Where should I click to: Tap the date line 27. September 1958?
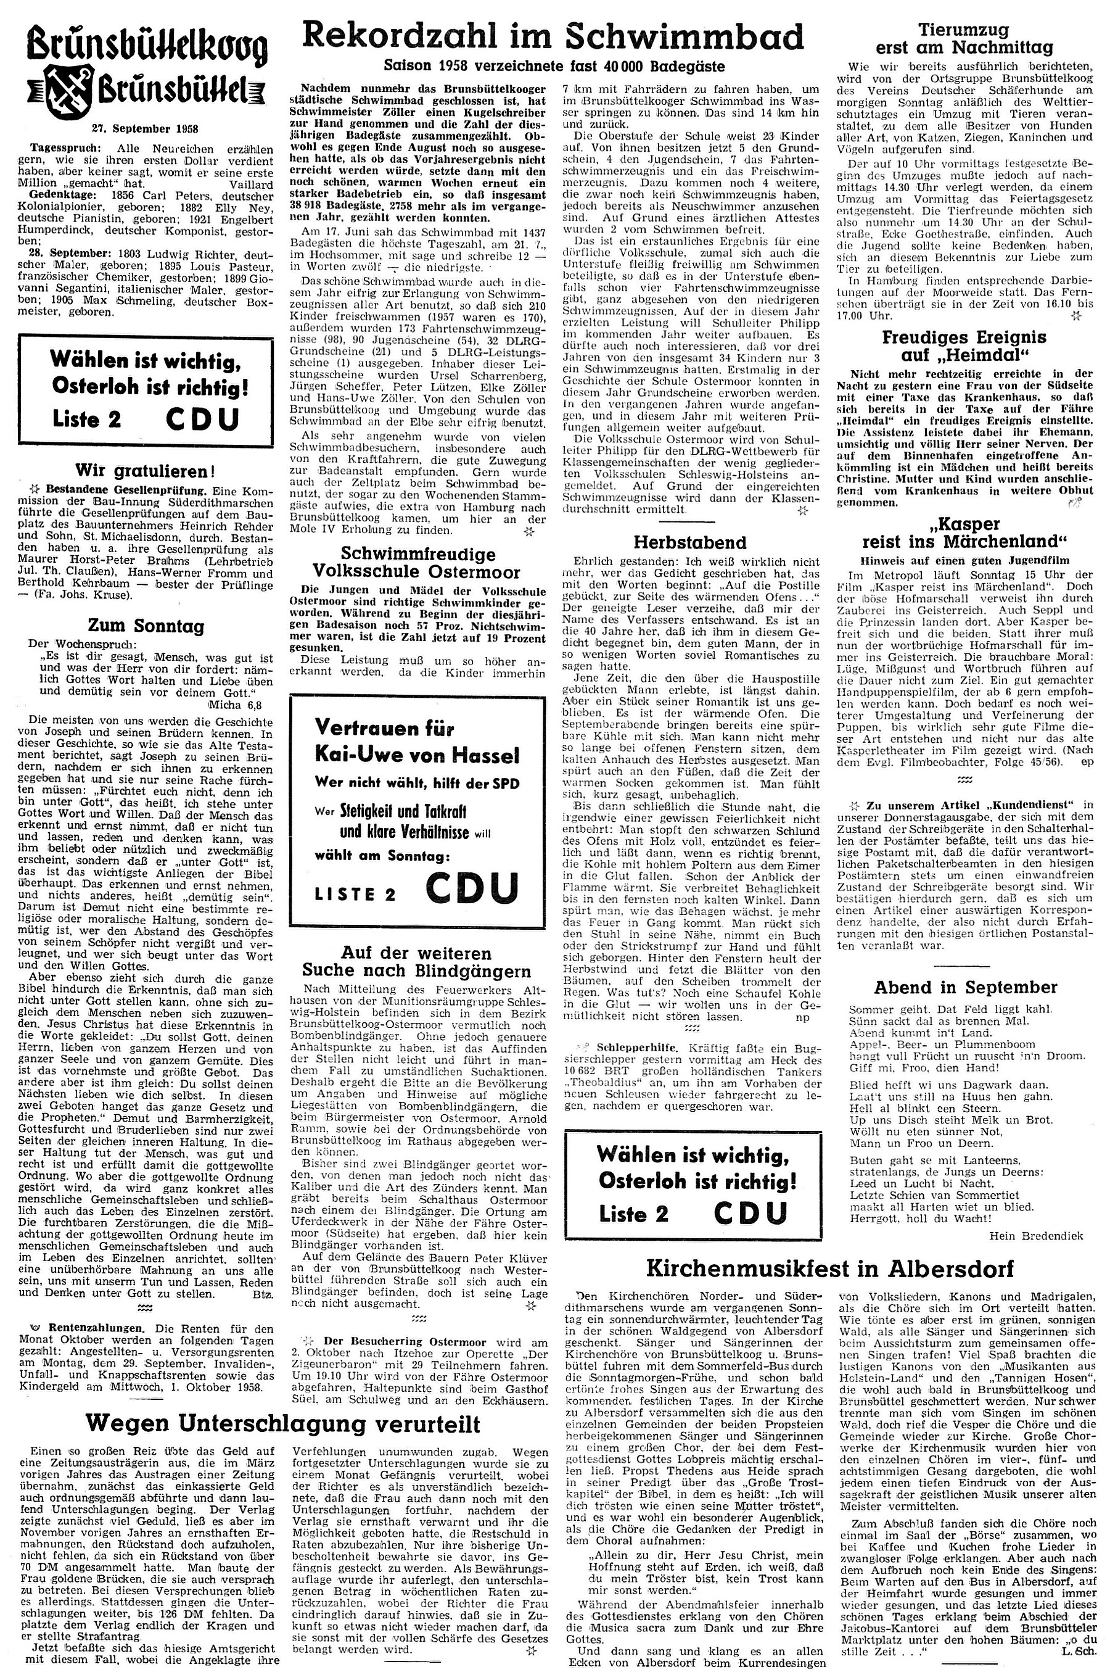click(145, 128)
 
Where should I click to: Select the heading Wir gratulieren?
click(145, 470)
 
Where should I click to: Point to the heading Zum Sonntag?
click(145, 626)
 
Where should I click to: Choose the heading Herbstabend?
click(689, 542)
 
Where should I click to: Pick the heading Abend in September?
click(966, 987)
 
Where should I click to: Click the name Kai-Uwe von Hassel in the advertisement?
click(417, 753)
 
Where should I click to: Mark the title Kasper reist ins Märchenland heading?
click(964, 533)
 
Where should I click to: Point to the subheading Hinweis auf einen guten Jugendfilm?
click(964, 560)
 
